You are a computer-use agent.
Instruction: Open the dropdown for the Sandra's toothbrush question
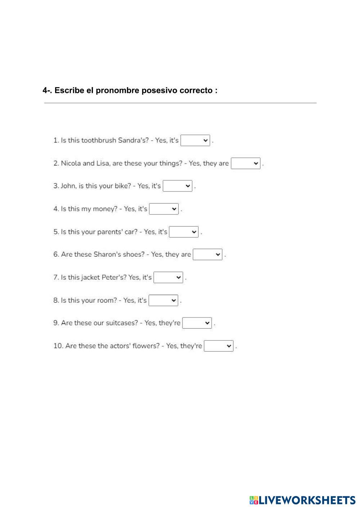pyautogui.click(x=195, y=140)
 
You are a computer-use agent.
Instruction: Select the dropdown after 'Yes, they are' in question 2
pyautogui.click(x=246, y=163)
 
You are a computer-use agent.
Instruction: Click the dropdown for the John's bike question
pyautogui.click(x=177, y=186)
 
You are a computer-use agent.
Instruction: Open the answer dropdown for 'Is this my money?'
pyautogui.click(x=164, y=209)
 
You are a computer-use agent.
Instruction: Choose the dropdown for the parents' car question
pyautogui.click(x=184, y=232)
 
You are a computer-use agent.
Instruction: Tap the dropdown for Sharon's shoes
pyautogui.click(x=208, y=255)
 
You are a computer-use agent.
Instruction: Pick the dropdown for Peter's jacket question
pyautogui.click(x=168, y=278)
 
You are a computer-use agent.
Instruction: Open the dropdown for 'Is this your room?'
pyautogui.click(x=163, y=301)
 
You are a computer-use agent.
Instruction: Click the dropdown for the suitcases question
pyautogui.click(x=197, y=323)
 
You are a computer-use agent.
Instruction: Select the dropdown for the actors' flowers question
pyautogui.click(x=219, y=346)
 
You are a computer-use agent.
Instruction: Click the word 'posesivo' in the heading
pyautogui.click(x=157, y=90)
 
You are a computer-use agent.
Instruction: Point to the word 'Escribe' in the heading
pyautogui.click(x=69, y=90)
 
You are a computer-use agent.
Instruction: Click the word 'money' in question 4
pyautogui.click(x=105, y=209)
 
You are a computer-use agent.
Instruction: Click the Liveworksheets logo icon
pyautogui.click(x=254, y=500)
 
